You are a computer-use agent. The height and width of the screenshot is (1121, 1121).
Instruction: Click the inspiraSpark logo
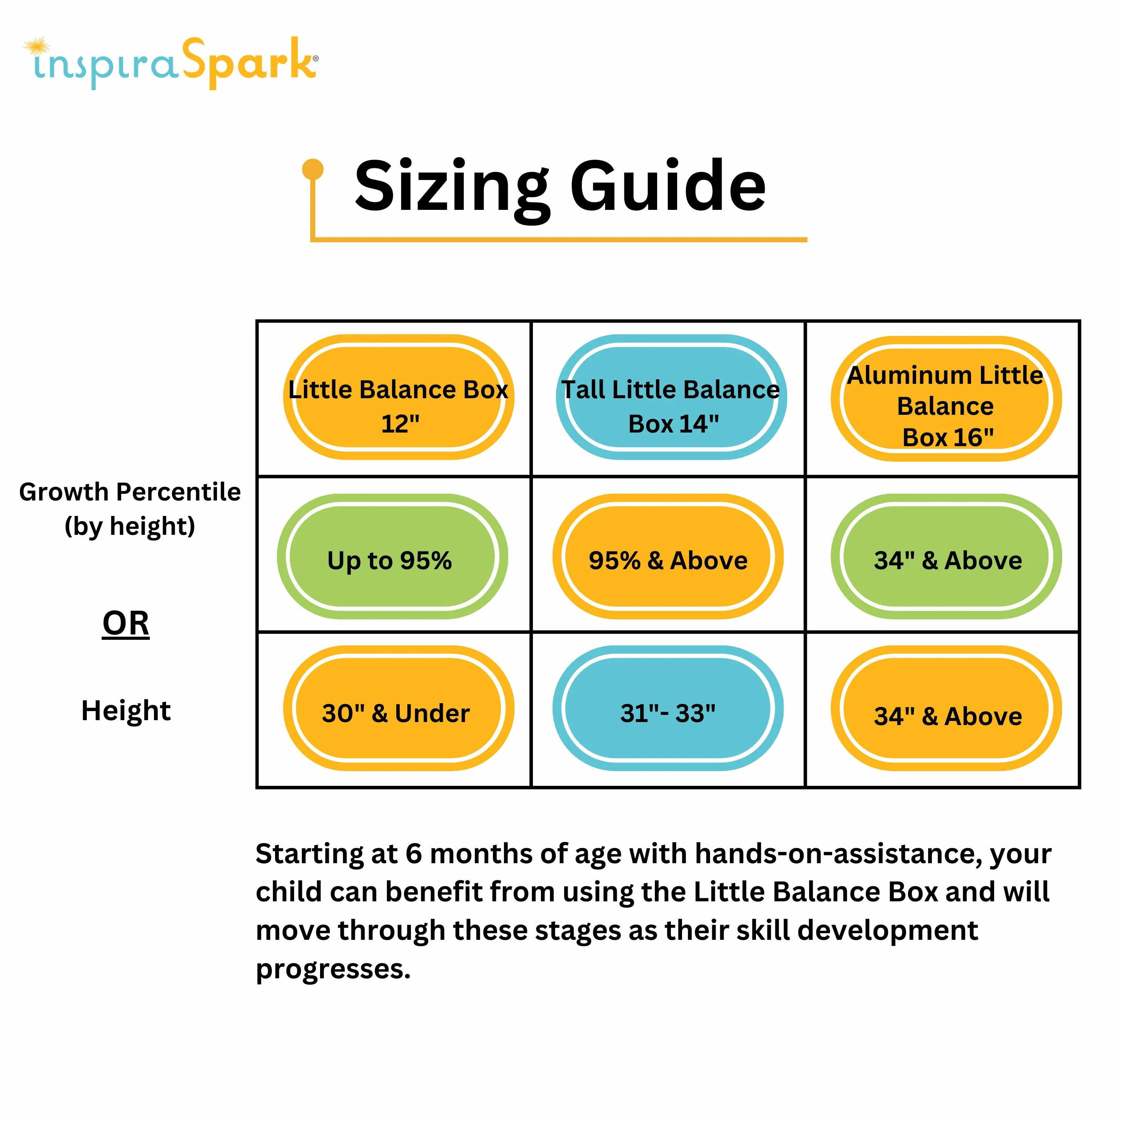[x=171, y=63]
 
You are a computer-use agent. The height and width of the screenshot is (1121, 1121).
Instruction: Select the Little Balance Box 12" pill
[x=399, y=397]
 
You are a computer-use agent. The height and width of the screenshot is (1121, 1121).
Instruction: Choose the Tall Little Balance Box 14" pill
[x=671, y=397]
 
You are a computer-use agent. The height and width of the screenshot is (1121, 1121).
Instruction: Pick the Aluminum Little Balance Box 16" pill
[x=946, y=399]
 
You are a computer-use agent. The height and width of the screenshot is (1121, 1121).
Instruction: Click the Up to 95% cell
[x=392, y=556]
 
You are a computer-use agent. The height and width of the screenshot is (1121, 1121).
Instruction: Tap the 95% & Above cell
[x=668, y=556]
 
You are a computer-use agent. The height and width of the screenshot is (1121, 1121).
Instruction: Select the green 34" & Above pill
[x=946, y=556]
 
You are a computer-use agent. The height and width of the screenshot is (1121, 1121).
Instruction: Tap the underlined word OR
[x=126, y=624]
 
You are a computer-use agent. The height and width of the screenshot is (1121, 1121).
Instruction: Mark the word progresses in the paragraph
[x=333, y=970]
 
